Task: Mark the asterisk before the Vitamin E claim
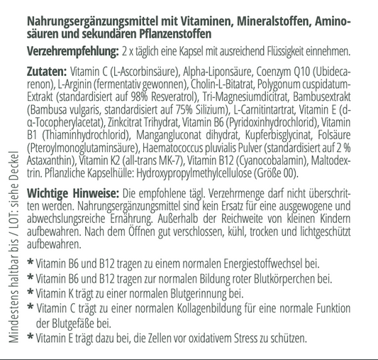point(30,337)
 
